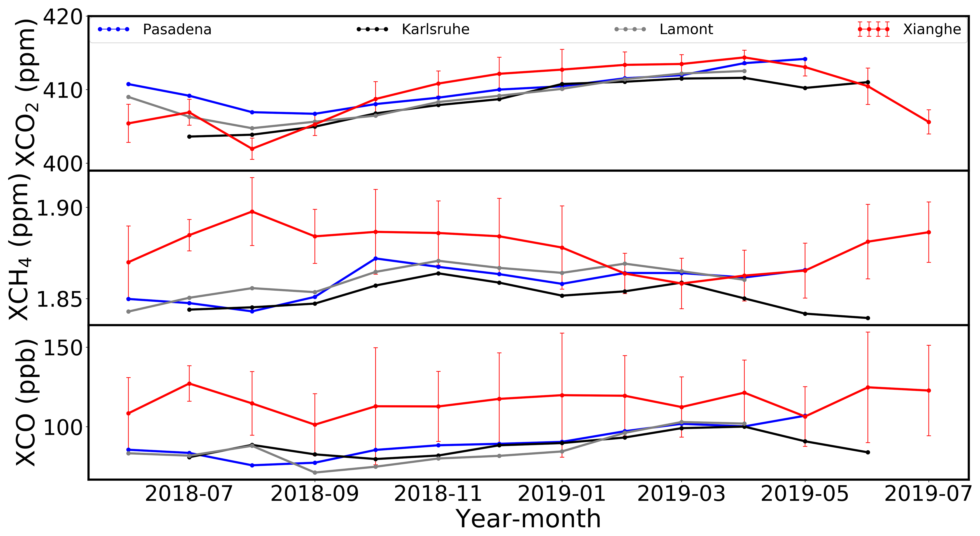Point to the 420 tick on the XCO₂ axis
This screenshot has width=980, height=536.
tap(63, 17)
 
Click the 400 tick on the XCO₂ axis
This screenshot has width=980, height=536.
tap(63, 164)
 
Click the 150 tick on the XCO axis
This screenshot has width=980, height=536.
tap(63, 348)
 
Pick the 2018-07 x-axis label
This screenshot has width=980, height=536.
tap(189, 494)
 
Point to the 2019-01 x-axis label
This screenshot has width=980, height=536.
tap(562, 494)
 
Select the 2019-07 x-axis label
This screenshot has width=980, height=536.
tap(928, 494)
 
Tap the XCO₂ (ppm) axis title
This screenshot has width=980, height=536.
tap(26, 93)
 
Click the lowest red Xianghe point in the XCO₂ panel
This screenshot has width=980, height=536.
tap(252, 149)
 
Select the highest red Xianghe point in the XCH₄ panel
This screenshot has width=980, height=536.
tap(252, 212)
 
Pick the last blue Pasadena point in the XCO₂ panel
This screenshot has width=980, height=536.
tap(805, 59)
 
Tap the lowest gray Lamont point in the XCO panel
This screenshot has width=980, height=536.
tap(315, 472)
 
